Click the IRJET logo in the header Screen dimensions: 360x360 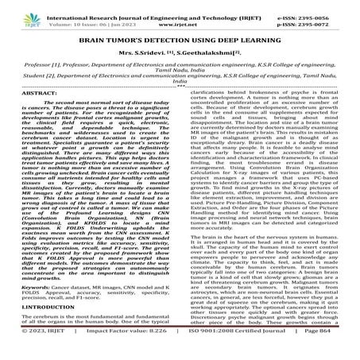tap(17, 10)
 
